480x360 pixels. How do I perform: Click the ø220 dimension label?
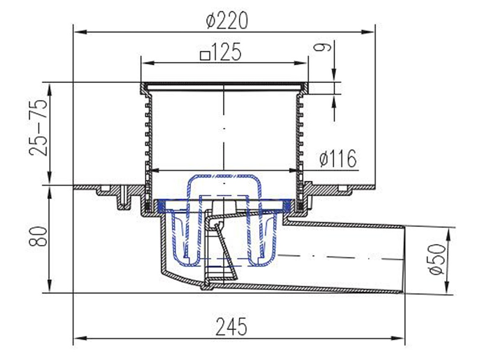227,21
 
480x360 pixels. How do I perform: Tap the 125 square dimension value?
226,52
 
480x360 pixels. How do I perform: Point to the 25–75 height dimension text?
39,128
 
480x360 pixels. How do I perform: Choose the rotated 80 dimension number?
38,237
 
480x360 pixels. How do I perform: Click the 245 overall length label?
231,327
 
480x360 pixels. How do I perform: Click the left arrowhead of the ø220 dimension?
79,32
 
